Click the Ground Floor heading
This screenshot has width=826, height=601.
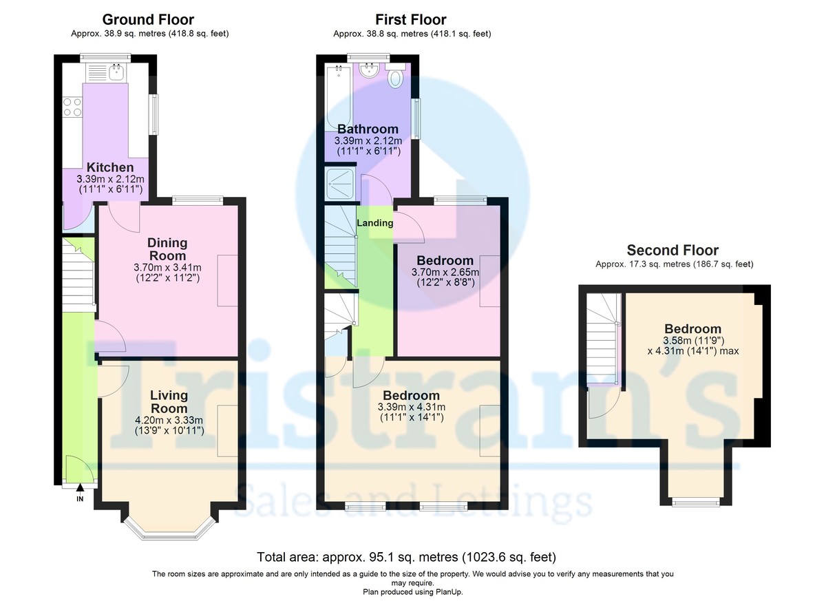click(148, 19)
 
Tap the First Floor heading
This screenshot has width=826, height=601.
click(411, 19)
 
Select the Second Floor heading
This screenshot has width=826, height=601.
click(673, 251)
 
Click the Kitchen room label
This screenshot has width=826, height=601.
click(110, 167)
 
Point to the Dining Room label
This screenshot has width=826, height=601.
click(167, 249)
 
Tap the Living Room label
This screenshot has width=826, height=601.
click(169, 401)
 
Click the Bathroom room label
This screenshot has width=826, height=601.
click(368, 129)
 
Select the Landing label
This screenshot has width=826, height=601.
click(374, 222)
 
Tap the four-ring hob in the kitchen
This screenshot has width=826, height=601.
click(72, 107)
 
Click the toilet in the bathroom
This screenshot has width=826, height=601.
click(395, 75)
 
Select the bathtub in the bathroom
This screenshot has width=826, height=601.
click(338, 96)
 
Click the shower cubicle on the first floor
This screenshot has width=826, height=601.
click(339, 184)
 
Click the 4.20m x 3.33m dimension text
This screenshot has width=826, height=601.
click(169, 420)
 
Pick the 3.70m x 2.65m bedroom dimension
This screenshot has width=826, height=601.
click(445, 273)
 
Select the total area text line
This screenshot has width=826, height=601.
click(406, 557)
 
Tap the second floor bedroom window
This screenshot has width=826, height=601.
click(695, 502)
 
